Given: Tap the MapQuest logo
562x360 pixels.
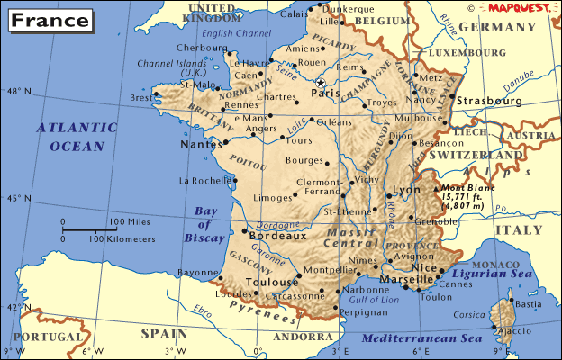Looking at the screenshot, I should coord(519,7).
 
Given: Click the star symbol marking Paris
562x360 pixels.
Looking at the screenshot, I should coord(319,83).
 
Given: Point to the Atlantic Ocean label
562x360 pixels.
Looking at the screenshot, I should coord(77,136).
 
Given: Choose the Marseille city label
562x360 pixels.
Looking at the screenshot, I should coord(407,278).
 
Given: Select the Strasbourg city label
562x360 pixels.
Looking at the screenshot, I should coord(490,102).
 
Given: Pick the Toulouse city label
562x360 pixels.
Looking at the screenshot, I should coord(271,281).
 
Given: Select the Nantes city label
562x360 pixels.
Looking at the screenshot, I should coord(200,144).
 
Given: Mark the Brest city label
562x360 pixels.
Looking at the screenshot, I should coord(140,98).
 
